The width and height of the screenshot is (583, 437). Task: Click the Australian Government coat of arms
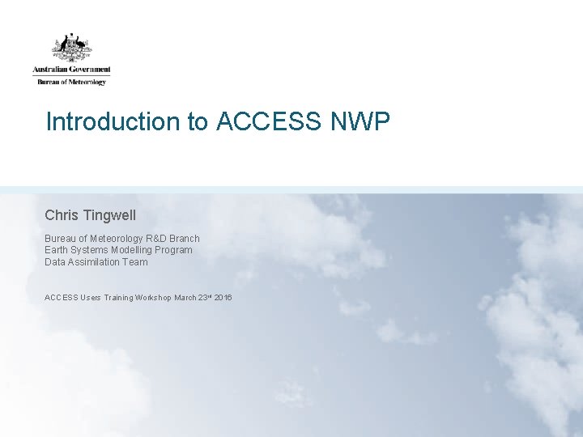point(71,47)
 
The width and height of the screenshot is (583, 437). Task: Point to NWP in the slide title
point(360,122)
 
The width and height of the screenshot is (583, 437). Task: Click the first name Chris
point(61,215)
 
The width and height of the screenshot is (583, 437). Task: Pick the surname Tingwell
point(109,215)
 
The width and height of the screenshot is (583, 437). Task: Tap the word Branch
point(185,239)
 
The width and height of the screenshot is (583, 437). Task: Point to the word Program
point(176,250)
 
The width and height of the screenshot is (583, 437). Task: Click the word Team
point(136,261)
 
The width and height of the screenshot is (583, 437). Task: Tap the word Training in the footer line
point(121,298)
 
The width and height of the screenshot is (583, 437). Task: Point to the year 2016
point(223,298)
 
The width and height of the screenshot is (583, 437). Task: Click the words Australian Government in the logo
point(71,70)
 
